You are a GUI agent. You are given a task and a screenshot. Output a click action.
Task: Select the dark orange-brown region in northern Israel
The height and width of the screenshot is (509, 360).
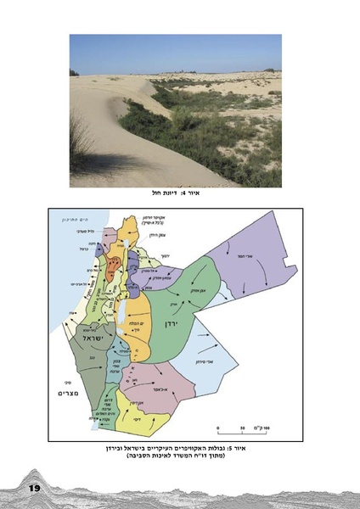point(111,268)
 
